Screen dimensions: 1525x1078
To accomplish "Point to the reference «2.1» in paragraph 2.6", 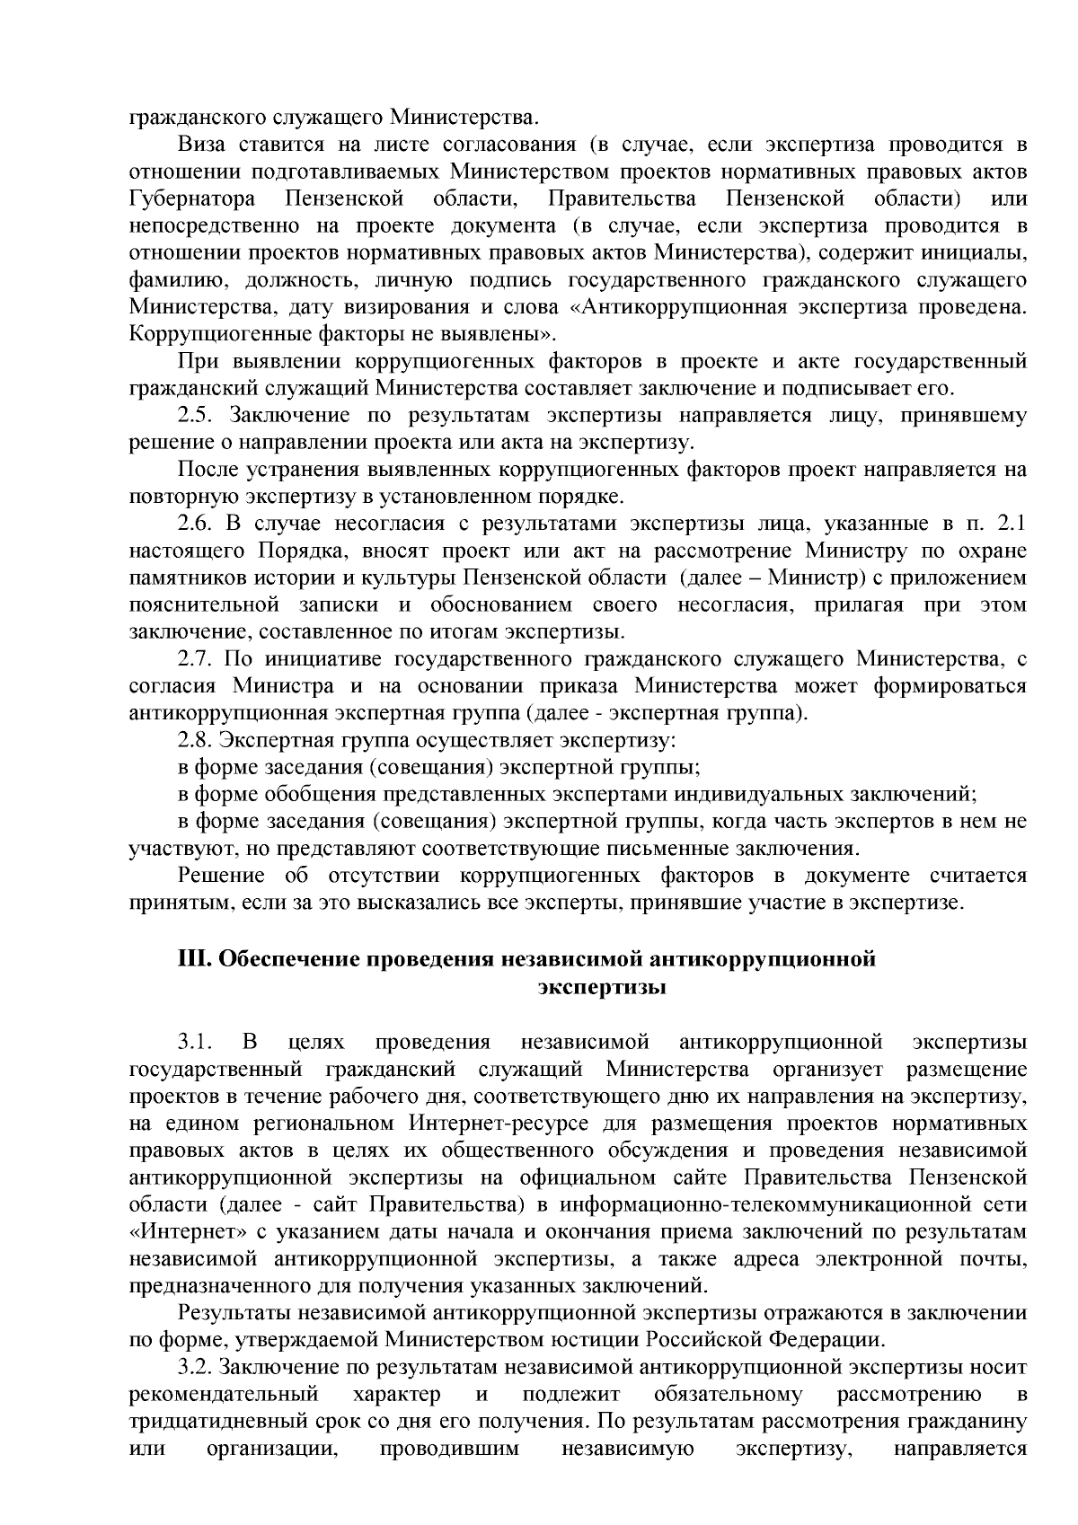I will (1012, 524).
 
